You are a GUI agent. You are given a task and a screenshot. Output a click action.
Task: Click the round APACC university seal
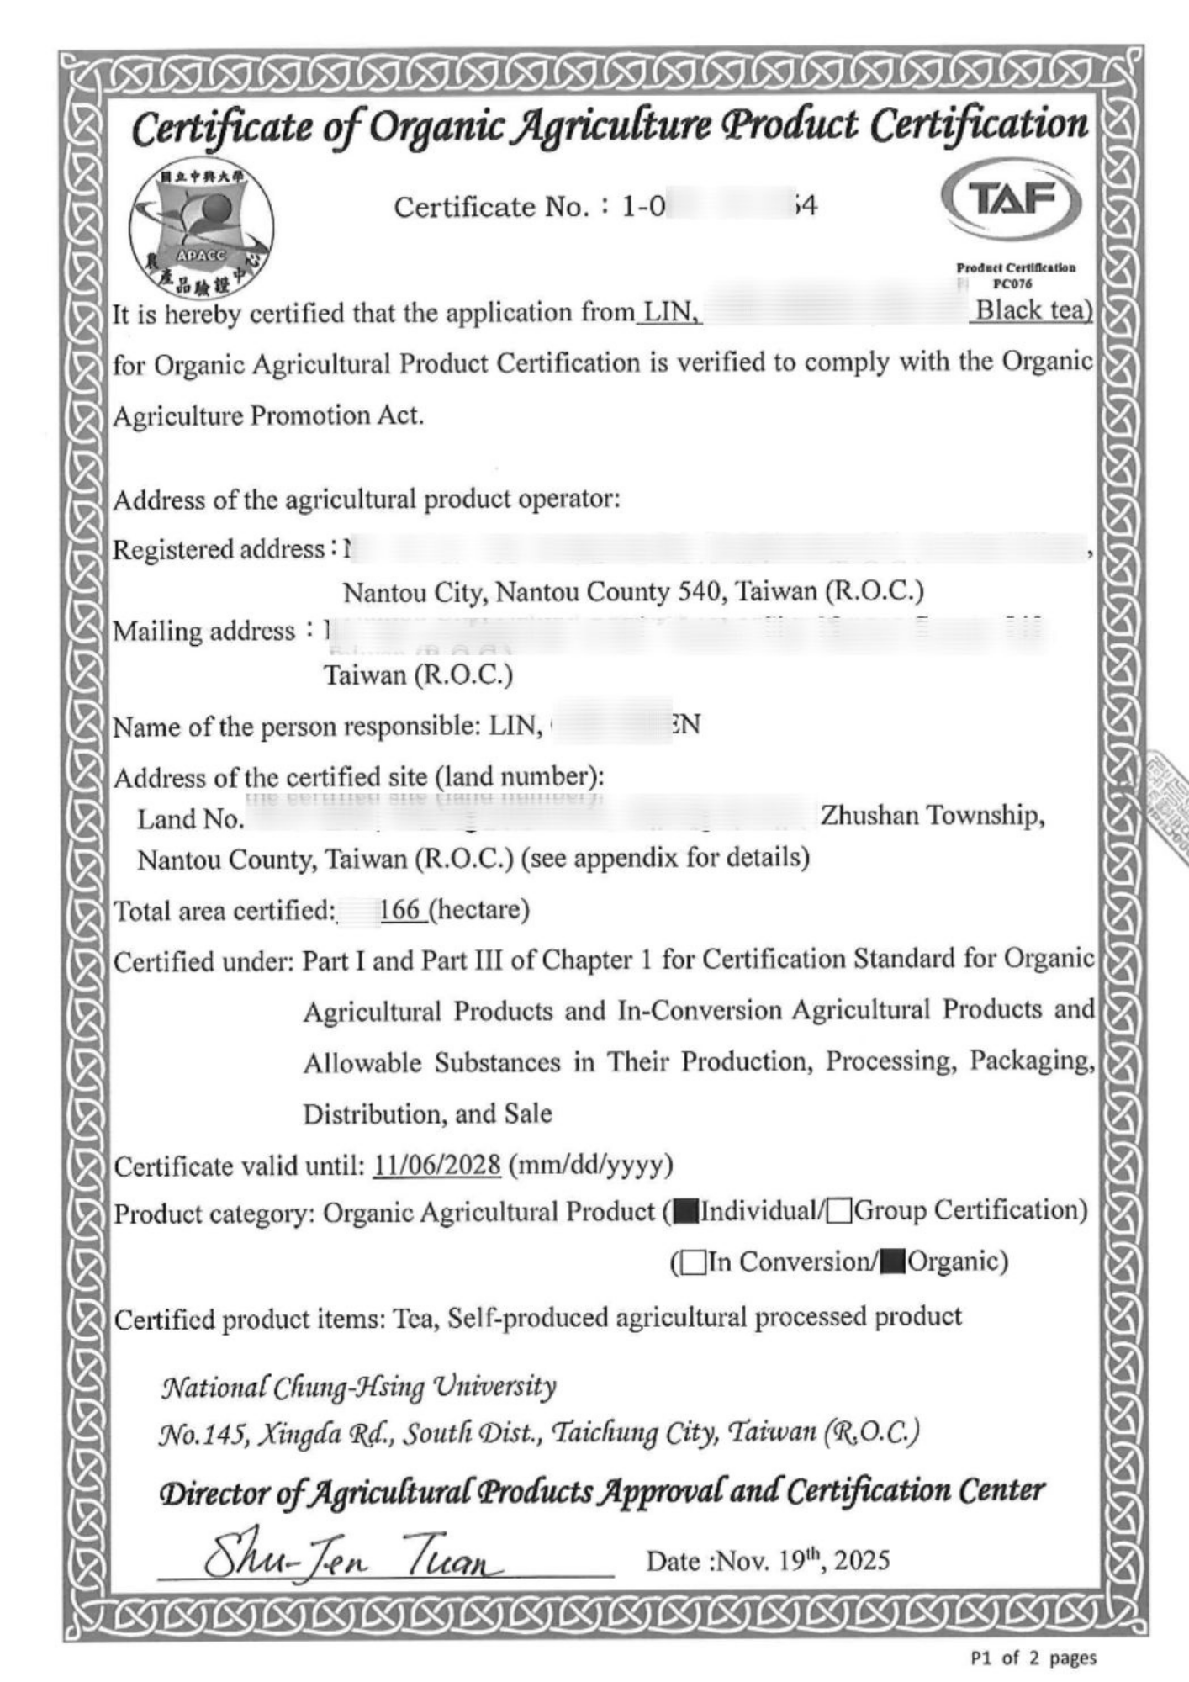tap(201, 226)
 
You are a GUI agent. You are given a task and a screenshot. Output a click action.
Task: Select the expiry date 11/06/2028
tap(437, 1166)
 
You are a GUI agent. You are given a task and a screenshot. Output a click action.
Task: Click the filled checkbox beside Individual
tap(686, 1213)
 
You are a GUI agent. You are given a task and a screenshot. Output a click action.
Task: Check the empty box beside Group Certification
tap(838, 1213)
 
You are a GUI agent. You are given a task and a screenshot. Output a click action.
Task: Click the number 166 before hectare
tap(399, 910)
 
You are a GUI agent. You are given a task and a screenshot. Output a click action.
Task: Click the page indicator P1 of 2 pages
tap(1033, 1658)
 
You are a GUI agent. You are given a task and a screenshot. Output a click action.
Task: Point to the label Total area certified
tap(224, 911)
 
